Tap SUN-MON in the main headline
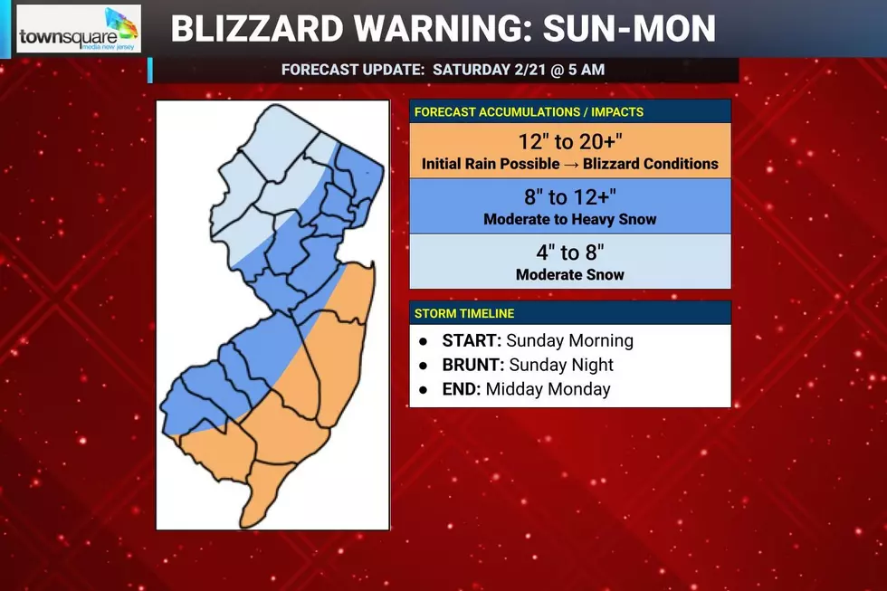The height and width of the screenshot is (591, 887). [629, 30]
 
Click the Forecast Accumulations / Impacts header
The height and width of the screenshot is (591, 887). [529, 112]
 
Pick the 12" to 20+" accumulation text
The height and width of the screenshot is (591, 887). [569, 142]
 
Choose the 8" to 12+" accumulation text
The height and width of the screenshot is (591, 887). [569, 198]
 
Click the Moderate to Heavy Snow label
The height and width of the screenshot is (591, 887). [569, 220]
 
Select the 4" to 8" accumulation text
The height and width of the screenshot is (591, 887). [569, 253]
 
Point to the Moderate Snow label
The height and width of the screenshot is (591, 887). [569, 275]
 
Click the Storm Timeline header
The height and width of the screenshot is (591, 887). [464, 313]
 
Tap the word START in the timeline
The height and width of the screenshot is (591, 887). [471, 341]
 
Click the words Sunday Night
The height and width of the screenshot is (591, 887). [561, 366]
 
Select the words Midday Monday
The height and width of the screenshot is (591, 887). [548, 390]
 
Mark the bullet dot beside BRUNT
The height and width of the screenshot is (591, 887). [422, 366]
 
